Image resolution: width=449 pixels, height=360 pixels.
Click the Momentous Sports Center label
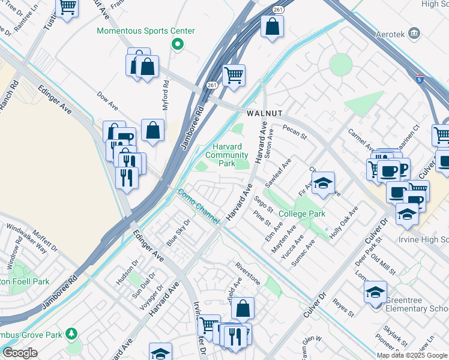click(146, 31)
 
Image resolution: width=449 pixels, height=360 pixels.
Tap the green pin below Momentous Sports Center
click(177, 44)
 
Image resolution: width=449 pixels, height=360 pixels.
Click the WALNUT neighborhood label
click(264, 113)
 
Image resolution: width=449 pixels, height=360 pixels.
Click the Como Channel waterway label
click(197, 207)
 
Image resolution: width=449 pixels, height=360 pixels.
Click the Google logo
click(20, 352)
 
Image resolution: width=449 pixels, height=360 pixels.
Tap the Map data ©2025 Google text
click(412, 355)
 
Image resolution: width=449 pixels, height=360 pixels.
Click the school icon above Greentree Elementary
click(376, 292)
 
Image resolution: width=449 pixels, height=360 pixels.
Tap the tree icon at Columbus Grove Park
click(72, 333)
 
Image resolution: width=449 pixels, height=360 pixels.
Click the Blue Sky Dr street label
click(178, 233)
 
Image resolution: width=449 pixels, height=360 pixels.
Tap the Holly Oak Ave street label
click(343, 221)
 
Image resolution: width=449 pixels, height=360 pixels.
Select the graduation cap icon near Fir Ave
click(323, 184)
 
